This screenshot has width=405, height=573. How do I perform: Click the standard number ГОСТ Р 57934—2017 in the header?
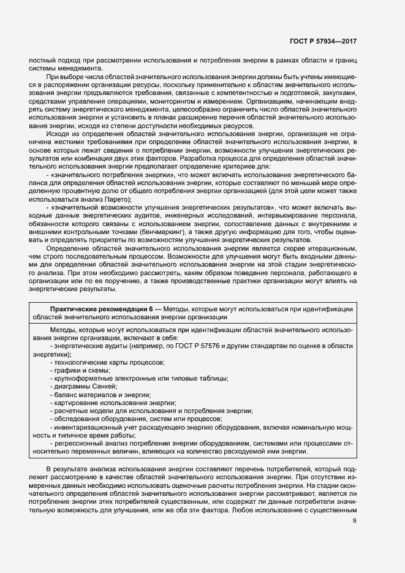tap(323, 41)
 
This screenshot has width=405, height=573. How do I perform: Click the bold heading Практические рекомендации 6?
tap(101, 308)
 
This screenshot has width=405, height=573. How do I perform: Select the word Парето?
tap(116, 199)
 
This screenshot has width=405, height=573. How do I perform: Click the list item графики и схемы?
tap(81, 371)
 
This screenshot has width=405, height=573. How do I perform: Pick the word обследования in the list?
tap(75, 419)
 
